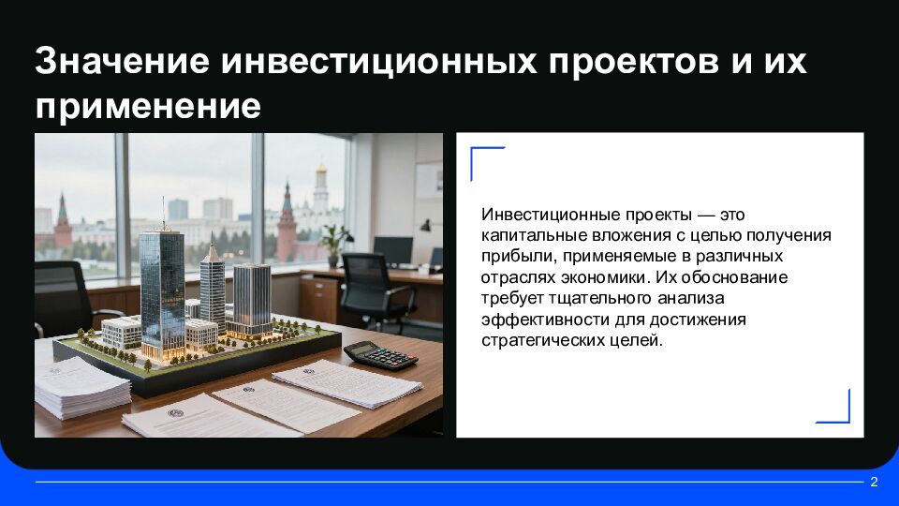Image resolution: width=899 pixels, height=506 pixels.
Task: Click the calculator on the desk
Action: [382, 354]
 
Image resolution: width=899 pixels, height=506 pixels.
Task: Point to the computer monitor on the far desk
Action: [392, 250]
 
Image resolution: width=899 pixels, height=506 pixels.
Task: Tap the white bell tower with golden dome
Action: [321, 187]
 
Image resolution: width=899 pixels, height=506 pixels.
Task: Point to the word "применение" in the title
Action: [148, 105]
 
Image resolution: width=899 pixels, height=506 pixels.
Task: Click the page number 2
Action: [874, 483]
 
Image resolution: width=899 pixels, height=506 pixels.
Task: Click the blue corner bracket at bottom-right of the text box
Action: [836, 409]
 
